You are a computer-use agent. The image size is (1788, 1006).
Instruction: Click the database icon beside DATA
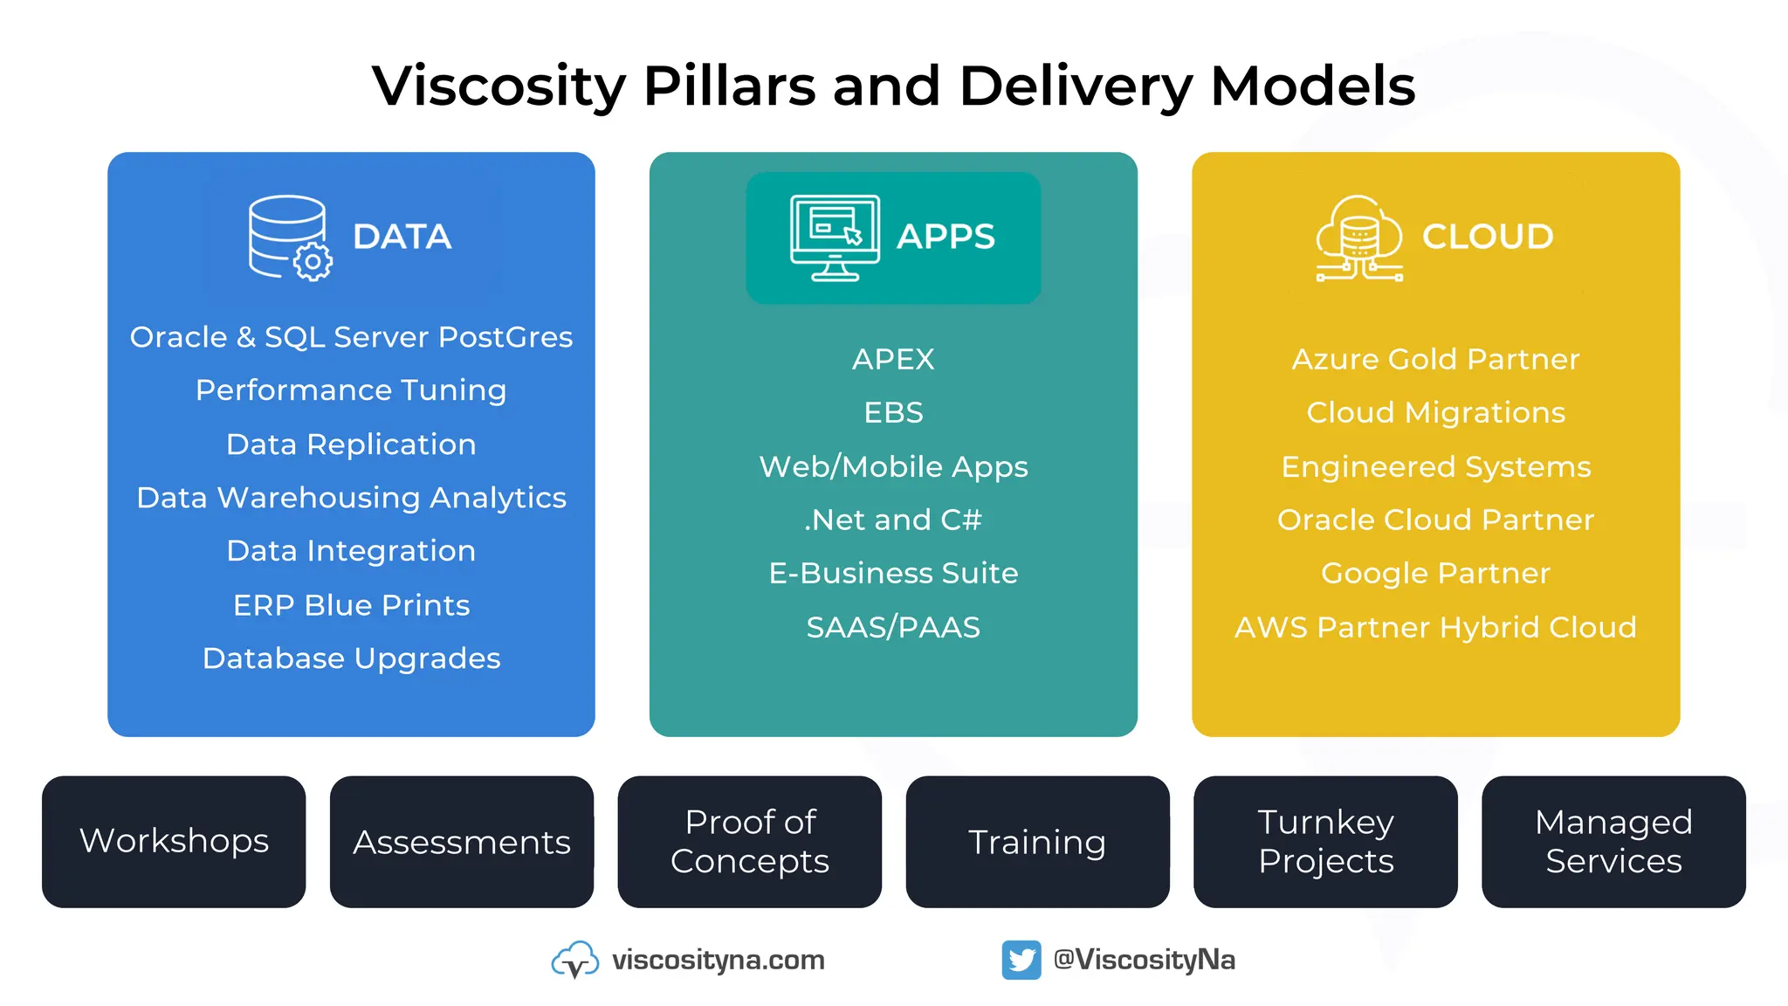tap(289, 238)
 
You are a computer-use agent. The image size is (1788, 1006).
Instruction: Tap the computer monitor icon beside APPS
tap(835, 238)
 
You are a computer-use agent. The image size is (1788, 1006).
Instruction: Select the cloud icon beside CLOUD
tap(1359, 238)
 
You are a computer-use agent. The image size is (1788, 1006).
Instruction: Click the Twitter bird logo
tap(1021, 960)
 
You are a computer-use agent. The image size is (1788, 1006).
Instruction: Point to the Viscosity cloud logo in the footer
tap(574, 960)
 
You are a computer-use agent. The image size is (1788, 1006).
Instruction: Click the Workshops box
tap(174, 842)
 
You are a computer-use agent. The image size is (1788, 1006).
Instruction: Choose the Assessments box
tap(462, 842)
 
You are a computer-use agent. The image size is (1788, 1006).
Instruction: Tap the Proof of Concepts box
tap(750, 842)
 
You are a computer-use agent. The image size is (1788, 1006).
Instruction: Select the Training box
tap(1037, 842)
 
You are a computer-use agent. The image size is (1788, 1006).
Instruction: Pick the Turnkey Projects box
tap(1325, 842)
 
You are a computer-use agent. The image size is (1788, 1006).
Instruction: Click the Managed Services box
tap(1613, 842)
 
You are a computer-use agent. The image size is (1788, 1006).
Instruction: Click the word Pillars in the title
tap(729, 86)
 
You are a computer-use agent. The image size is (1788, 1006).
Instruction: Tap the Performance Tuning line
tap(351, 390)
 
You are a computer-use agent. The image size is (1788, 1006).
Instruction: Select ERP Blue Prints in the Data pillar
tap(351, 605)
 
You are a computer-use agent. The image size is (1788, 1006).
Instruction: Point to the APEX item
tap(893, 359)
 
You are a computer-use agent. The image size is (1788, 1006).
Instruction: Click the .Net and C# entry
tap(893, 520)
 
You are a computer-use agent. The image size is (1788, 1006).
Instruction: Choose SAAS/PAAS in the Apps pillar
tap(893, 627)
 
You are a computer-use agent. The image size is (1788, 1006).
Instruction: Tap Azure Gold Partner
tap(1435, 359)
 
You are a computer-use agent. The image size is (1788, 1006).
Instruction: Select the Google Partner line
tap(1435, 574)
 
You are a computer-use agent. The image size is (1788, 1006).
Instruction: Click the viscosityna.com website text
tap(718, 960)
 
